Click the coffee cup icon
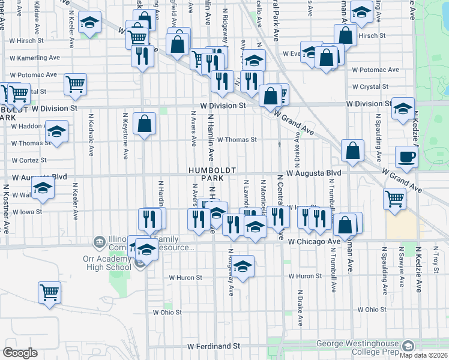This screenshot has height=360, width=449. point(406,157)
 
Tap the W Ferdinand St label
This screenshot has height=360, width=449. point(213,346)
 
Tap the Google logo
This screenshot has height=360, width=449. point(20,353)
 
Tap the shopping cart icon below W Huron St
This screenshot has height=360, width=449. point(50,292)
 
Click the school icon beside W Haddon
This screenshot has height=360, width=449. point(57,131)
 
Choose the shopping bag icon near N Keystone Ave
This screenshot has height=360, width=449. point(145,124)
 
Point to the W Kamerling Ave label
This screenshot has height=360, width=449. point(35,58)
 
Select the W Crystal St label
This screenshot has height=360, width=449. point(370,86)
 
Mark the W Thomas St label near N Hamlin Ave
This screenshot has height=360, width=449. point(237,139)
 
